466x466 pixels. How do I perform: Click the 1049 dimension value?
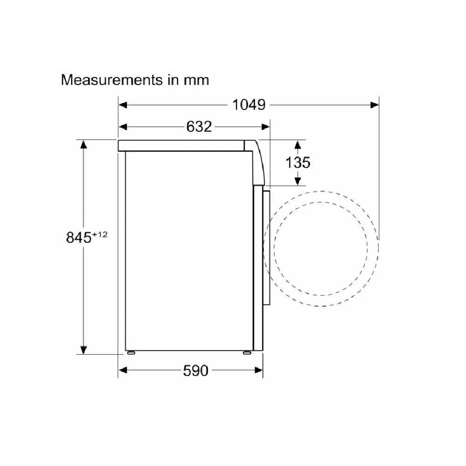(249, 105)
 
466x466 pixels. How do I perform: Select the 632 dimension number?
(199, 127)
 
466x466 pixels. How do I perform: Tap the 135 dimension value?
(298, 162)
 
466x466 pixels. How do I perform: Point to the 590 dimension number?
(196, 370)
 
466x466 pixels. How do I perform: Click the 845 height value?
(79, 238)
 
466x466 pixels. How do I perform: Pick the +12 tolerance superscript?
(100, 234)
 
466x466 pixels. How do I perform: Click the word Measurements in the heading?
(112, 80)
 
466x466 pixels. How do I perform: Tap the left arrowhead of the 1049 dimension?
(123, 105)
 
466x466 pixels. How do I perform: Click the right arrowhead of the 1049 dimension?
(375, 105)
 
